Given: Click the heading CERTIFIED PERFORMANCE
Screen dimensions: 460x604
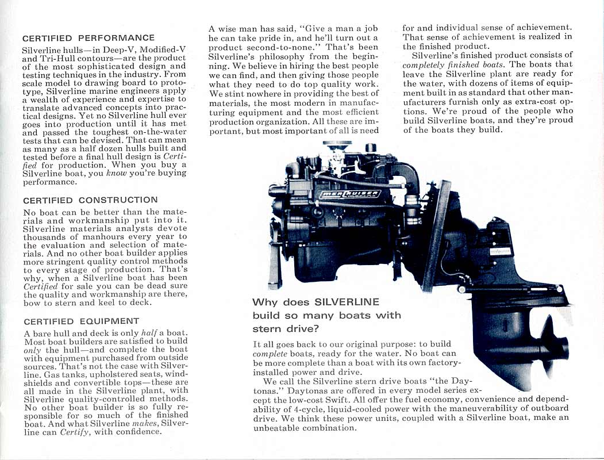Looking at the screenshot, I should pos(88,38).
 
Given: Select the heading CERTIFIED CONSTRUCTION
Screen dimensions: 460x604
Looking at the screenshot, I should pos(90,200).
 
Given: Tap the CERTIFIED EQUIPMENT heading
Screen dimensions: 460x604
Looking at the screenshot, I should pos(81,321).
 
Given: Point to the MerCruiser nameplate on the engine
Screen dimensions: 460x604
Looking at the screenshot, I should pos(349,193).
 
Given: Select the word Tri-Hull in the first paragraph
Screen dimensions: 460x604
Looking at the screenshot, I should pos(56,59).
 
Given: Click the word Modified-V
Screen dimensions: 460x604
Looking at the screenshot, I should pos(162,50).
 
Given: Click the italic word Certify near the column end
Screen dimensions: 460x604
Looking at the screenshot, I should pos(74,432).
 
